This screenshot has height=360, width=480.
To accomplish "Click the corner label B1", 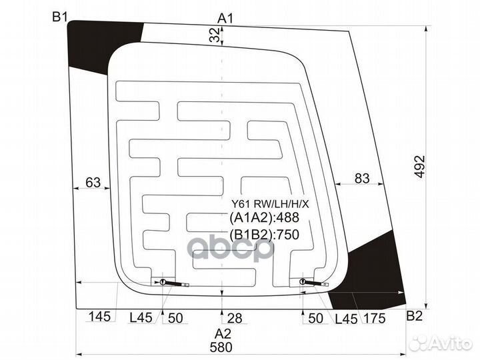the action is coord(60,17).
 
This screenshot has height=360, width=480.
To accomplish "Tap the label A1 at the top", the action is coord(225,19).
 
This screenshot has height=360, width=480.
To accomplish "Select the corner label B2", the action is coord(414,315).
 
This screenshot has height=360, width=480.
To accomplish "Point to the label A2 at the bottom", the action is coord(223,333).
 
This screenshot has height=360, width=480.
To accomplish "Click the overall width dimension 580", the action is coord(221,347).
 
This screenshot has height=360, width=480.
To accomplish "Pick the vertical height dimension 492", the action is coord(420,167).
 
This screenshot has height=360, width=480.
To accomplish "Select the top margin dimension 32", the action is coord(215,34).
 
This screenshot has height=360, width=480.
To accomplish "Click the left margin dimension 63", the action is coord(93,183).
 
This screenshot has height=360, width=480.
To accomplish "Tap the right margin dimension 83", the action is coord(362,178).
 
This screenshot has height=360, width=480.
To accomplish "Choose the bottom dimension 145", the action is coord(99,316).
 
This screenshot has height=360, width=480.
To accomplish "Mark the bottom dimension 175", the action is coord(374,319).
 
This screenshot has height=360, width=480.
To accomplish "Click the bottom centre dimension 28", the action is coord(235,319).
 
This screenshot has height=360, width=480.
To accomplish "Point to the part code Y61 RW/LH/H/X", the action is coord(270,204).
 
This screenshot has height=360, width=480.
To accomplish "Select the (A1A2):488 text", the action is coord(264,217).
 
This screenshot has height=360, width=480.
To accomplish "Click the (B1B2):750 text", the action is coord(264,235).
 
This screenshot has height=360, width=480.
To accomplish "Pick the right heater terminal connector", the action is coord(313,282).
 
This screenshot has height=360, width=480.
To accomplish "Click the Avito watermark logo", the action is coord(441,343).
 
